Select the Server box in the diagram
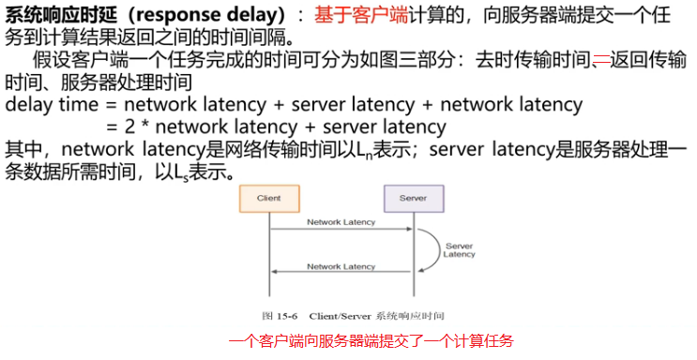click(413, 198)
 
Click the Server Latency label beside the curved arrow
click(459, 250)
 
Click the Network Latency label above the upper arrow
click(341, 222)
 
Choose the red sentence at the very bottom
click(371, 341)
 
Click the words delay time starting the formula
click(48, 104)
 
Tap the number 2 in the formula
click(114, 127)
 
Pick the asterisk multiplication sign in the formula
click(129, 127)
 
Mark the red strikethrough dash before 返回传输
click(600, 60)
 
